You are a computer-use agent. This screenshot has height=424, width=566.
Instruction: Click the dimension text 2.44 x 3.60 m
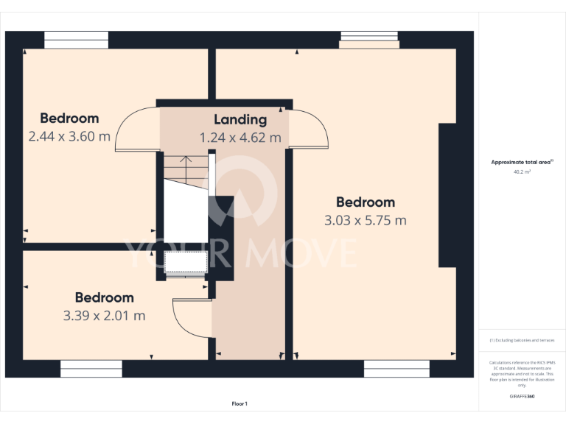click(x=69, y=136)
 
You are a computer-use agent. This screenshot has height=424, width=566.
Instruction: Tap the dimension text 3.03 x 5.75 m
click(x=365, y=220)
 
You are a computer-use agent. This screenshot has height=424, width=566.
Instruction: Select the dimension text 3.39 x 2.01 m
click(x=104, y=316)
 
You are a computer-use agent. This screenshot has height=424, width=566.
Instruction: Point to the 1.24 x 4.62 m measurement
click(x=240, y=138)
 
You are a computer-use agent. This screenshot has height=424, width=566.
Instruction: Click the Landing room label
click(x=240, y=119)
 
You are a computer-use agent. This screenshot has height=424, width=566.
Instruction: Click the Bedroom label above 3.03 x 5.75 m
click(x=365, y=202)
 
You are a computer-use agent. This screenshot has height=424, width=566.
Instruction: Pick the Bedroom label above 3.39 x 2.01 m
click(x=104, y=298)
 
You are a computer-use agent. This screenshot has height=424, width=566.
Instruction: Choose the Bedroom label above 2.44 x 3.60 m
click(x=69, y=119)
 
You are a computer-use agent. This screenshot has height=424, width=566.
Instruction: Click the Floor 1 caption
click(x=240, y=403)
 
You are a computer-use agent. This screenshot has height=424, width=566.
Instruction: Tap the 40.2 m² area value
click(x=522, y=172)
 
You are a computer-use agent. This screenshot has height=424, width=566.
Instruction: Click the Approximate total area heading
click(x=522, y=162)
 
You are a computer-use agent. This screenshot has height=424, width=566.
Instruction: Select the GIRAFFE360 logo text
click(x=522, y=396)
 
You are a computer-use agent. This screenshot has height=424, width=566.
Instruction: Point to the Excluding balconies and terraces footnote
click(x=522, y=340)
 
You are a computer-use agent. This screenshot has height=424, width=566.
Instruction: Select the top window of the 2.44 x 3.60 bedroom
click(x=76, y=40)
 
